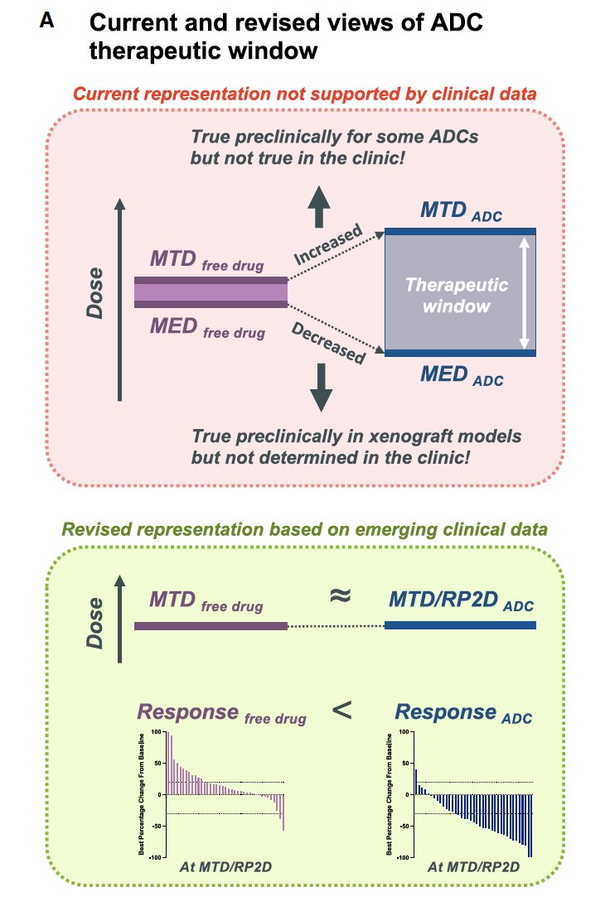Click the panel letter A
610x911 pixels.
pyautogui.click(x=47, y=22)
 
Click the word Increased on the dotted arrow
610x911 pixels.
pyautogui.click(x=329, y=246)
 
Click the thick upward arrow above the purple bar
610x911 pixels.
pyautogui.click(x=317, y=205)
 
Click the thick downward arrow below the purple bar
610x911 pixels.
pyautogui.click(x=317, y=388)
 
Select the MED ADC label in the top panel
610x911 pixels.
pyautogui.click(x=462, y=377)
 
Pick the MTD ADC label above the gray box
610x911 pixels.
pyautogui.click(x=462, y=211)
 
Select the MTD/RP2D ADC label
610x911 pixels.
pyautogui.click(x=462, y=600)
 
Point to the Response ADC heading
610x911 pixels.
pyautogui.click(x=462, y=713)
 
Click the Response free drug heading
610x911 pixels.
pyautogui.click(x=221, y=713)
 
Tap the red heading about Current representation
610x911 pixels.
pyautogui.click(x=305, y=94)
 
